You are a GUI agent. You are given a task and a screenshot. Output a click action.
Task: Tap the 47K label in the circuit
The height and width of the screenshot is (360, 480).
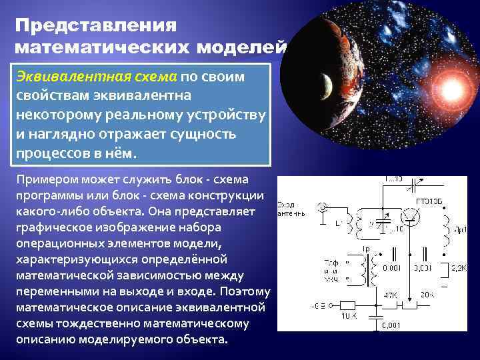pyautogui.click(x=391, y=294)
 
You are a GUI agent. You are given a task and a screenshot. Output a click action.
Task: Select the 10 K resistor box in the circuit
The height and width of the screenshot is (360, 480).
pyautogui.click(x=349, y=307)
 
